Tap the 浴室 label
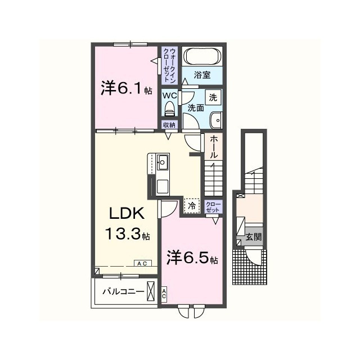point(202,75)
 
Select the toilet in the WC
point(170,109)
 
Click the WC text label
point(170,96)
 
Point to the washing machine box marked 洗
point(213,97)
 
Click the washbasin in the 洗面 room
point(215,120)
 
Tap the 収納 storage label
point(169,125)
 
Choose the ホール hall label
point(214,146)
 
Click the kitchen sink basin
point(163,163)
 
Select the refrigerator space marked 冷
point(192,206)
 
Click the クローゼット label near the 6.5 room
point(213,206)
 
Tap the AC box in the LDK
point(142,264)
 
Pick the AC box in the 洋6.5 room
point(164,294)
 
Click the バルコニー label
point(123,292)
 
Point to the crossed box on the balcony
point(151,291)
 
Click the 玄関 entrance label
point(254,237)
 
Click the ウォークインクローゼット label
point(169,66)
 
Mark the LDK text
point(127,214)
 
